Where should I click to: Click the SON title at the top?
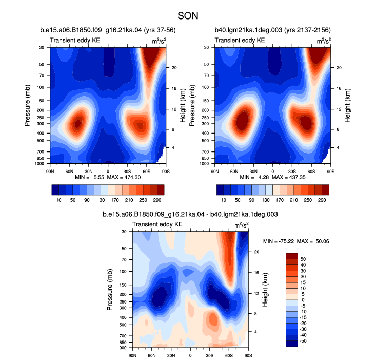[x=188, y=16]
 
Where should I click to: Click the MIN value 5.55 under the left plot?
[x=99, y=177]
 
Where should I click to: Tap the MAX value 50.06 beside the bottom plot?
[x=322, y=241]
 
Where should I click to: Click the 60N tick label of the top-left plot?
[x=69, y=172]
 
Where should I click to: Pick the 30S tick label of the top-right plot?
[x=292, y=172]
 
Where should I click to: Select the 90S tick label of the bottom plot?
[x=248, y=355]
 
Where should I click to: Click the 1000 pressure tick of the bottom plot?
[x=122, y=348]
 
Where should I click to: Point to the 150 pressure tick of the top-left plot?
[x=41, y=101]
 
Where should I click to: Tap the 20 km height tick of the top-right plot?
[x=339, y=68]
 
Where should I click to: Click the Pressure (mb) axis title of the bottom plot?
[x=110, y=290]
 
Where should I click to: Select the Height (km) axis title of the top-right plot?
[x=347, y=106]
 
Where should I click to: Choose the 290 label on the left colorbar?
[x=157, y=200]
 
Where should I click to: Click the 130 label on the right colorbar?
[x=265, y=200]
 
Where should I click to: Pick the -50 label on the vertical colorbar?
[x=303, y=341]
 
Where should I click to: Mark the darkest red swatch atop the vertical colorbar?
[x=292, y=256]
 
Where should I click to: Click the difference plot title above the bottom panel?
[x=190, y=214]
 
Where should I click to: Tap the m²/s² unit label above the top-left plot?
[x=159, y=41]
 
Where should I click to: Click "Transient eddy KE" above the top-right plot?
[x=240, y=41]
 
